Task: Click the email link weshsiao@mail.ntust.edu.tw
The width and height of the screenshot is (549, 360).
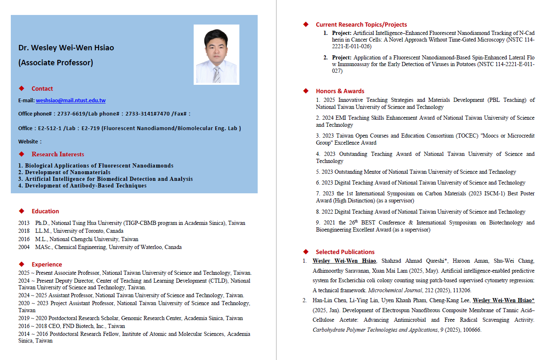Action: (71, 101)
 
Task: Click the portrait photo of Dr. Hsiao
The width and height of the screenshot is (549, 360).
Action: (216, 54)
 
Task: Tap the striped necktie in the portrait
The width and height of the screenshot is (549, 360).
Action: (217, 74)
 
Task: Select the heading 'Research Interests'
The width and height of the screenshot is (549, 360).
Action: (58, 154)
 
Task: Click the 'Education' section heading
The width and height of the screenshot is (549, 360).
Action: (45, 211)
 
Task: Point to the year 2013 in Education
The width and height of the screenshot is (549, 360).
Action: (24, 223)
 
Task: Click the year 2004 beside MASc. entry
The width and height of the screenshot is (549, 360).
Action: (24, 247)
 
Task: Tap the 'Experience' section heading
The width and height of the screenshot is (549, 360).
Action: (47, 264)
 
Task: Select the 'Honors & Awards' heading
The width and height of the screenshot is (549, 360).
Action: (340, 91)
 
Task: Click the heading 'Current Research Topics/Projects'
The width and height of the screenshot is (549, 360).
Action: (361, 25)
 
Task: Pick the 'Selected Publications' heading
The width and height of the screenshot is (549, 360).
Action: (345, 252)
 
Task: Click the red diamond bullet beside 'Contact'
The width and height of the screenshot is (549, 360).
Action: (22, 89)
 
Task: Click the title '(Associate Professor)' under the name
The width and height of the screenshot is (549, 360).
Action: (56, 63)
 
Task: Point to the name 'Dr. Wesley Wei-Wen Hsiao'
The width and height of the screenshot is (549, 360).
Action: (66, 48)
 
